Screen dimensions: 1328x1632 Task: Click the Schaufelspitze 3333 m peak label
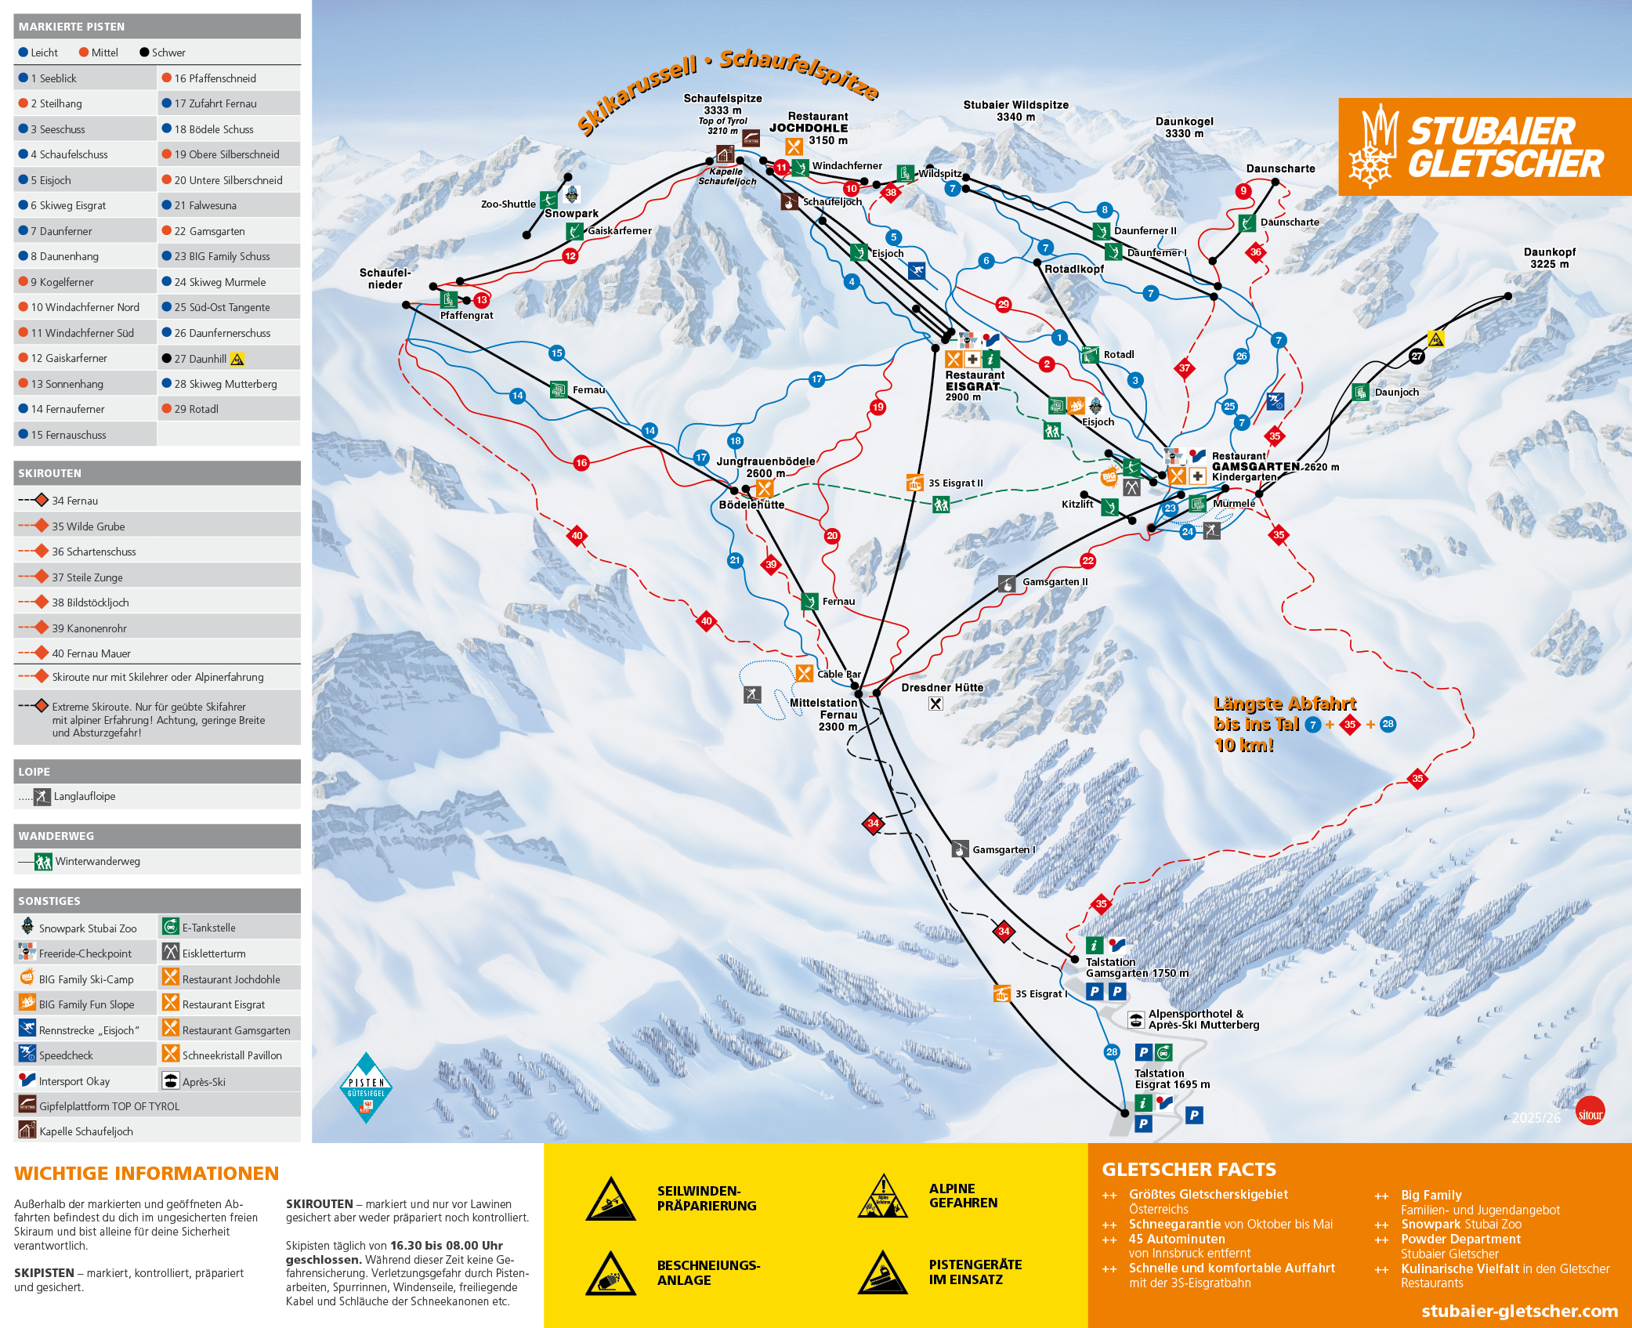point(722,104)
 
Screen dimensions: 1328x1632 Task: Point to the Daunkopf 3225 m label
point(1549,258)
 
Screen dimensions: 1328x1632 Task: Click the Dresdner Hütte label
point(942,687)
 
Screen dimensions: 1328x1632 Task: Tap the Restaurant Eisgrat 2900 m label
point(974,385)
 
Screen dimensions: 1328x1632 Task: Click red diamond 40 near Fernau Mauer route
point(577,536)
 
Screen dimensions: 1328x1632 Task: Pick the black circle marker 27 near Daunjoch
point(1417,356)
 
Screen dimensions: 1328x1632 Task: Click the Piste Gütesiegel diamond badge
point(366,1088)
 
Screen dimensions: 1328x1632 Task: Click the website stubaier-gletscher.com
point(1519,1311)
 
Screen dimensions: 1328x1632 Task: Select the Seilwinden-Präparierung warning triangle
point(611,1200)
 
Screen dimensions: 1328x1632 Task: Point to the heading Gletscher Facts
point(1189,1170)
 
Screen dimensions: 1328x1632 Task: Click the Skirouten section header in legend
point(50,473)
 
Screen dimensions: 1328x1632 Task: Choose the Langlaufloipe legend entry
point(84,796)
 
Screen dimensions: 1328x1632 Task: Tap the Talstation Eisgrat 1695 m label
point(1171,1079)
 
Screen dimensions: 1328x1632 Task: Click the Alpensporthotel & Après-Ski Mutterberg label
point(1203,1019)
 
